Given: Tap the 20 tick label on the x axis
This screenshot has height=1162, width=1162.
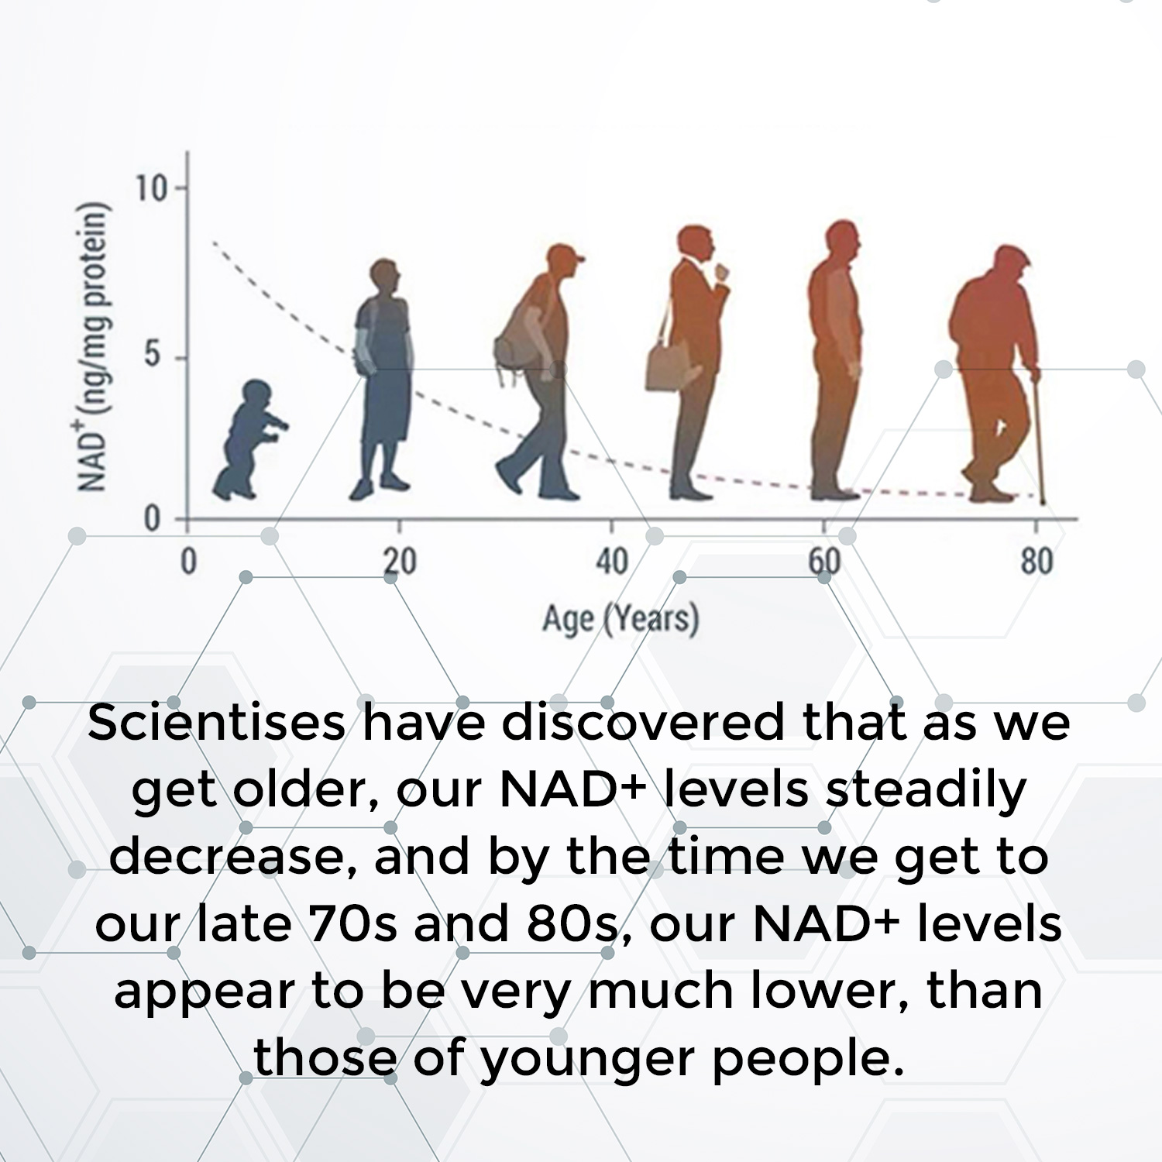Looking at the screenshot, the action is tap(400, 562).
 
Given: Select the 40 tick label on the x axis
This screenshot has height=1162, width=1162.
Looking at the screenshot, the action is tap(611, 562).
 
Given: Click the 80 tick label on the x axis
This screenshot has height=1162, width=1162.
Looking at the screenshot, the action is tap(1037, 562).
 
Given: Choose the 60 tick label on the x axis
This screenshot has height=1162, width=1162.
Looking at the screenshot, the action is tap(824, 562).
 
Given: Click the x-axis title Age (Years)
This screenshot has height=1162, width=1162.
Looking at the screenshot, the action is tap(621, 619).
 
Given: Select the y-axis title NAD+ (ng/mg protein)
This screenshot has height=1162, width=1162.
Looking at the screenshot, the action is tap(93, 346).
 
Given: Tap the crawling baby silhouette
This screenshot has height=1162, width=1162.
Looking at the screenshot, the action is tap(248, 440).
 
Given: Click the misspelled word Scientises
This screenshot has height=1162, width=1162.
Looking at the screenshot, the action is tap(216, 723).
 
